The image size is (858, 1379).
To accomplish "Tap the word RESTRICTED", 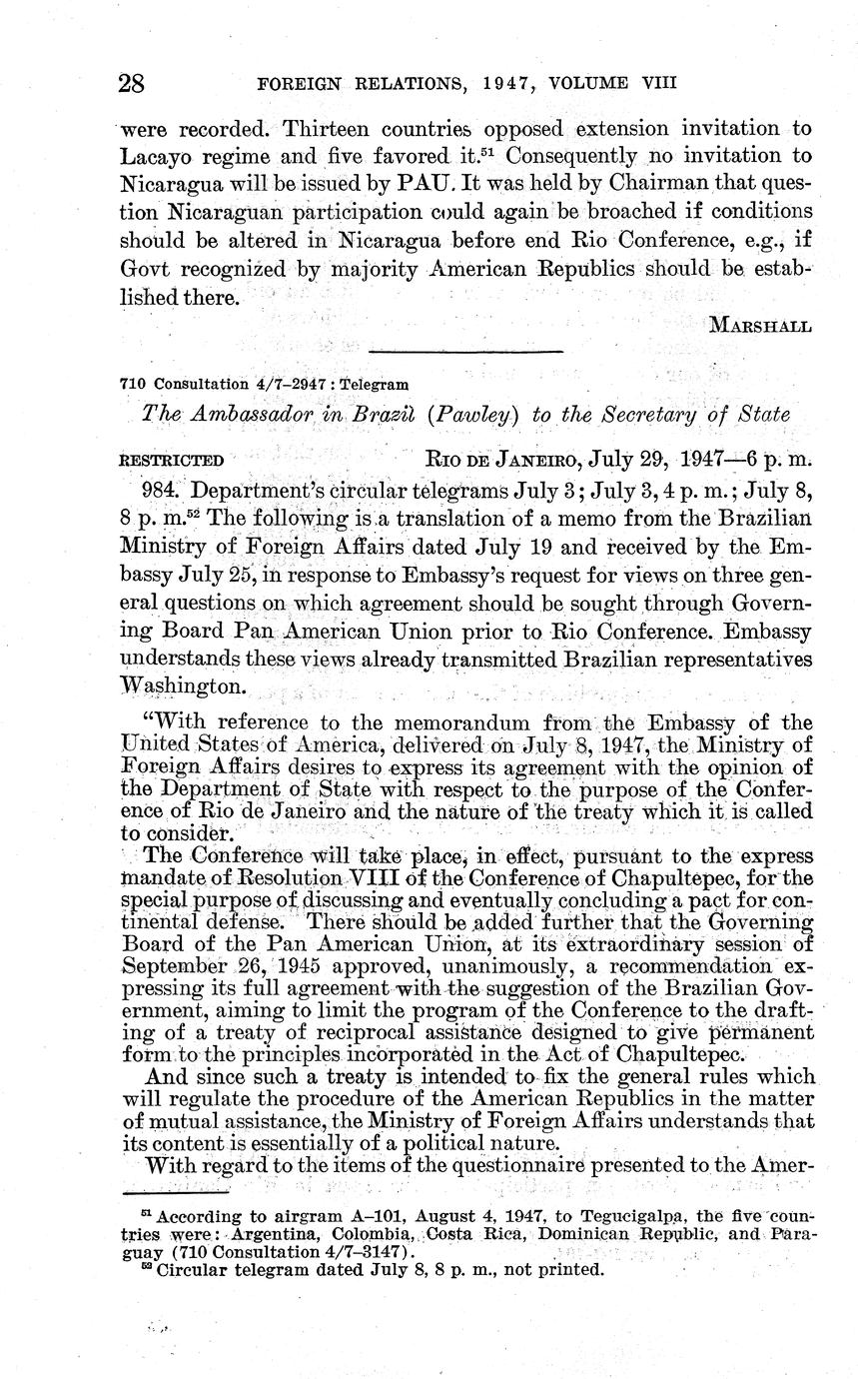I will (171, 462).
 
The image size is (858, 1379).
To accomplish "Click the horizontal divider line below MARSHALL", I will (465, 351).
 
